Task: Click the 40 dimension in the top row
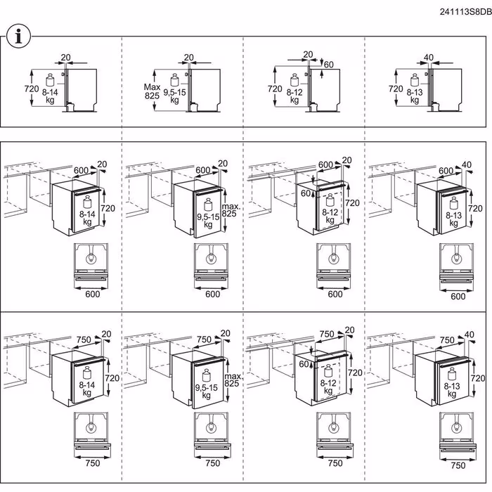coord(429,57)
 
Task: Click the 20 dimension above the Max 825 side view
coord(188,57)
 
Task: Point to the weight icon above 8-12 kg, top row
coord(292,77)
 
